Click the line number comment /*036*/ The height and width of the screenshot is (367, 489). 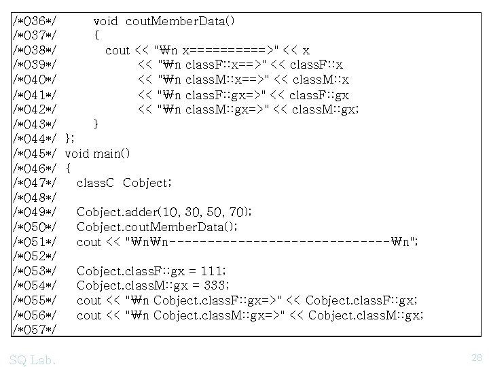[x=34, y=20]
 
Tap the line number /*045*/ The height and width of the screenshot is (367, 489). [x=34, y=153]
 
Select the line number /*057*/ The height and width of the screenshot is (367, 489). [x=34, y=330]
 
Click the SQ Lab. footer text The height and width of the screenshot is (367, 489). [x=33, y=358]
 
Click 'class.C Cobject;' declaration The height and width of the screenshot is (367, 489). [x=123, y=183]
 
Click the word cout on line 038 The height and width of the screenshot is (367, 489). [x=117, y=50]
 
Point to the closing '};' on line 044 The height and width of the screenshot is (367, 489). [x=70, y=139]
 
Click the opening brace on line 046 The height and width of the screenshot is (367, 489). [x=69, y=168]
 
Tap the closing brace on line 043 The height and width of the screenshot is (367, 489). [x=97, y=124]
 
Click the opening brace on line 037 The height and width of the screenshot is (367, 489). [x=97, y=35]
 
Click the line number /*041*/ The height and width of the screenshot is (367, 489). [x=34, y=94]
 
